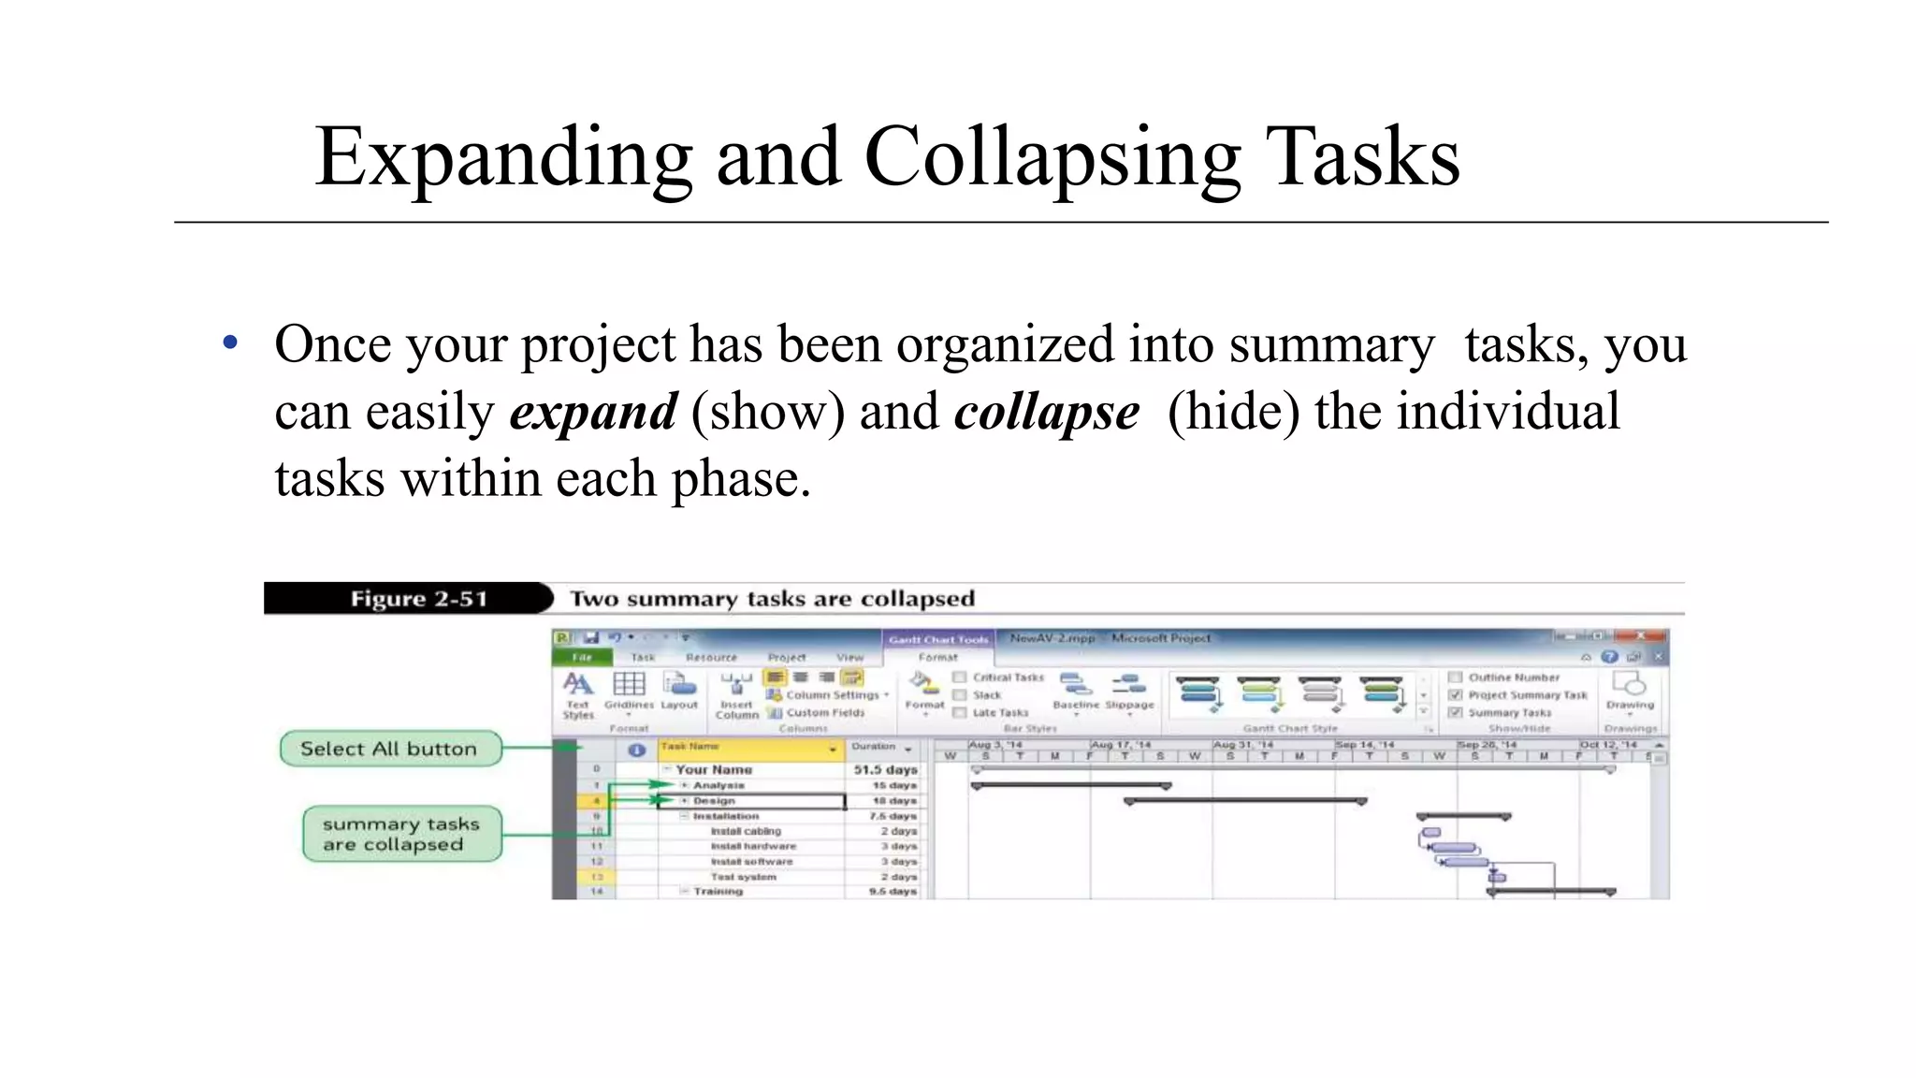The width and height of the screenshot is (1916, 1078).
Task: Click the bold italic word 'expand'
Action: coord(593,413)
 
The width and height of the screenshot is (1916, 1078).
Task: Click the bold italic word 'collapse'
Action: coord(1047,413)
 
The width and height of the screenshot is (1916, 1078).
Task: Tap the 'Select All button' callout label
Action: coord(389,749)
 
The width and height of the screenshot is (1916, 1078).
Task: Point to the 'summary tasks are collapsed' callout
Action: coord(401,834)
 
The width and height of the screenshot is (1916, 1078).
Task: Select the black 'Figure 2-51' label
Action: coord(418,599)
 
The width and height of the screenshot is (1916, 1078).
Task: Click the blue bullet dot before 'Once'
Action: coord(231,343)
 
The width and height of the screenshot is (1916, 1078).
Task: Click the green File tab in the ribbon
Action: coord(582,657)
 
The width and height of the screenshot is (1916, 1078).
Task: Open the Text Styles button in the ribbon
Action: coord(578,693)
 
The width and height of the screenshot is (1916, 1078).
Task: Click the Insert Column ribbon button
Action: coord(736,693)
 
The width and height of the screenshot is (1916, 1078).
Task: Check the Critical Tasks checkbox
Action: coord(959,677)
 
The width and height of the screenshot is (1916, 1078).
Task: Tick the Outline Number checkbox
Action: coord(1455,677)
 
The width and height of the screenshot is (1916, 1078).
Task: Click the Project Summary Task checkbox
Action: coord(1455,694)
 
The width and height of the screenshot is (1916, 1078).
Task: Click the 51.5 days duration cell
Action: coord(884,769)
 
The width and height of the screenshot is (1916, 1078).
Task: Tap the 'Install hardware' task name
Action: coord(753,846)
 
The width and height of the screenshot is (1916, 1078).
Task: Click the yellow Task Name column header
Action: coord(748,748)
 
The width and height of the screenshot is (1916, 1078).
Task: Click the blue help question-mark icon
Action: coord(1609,657)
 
